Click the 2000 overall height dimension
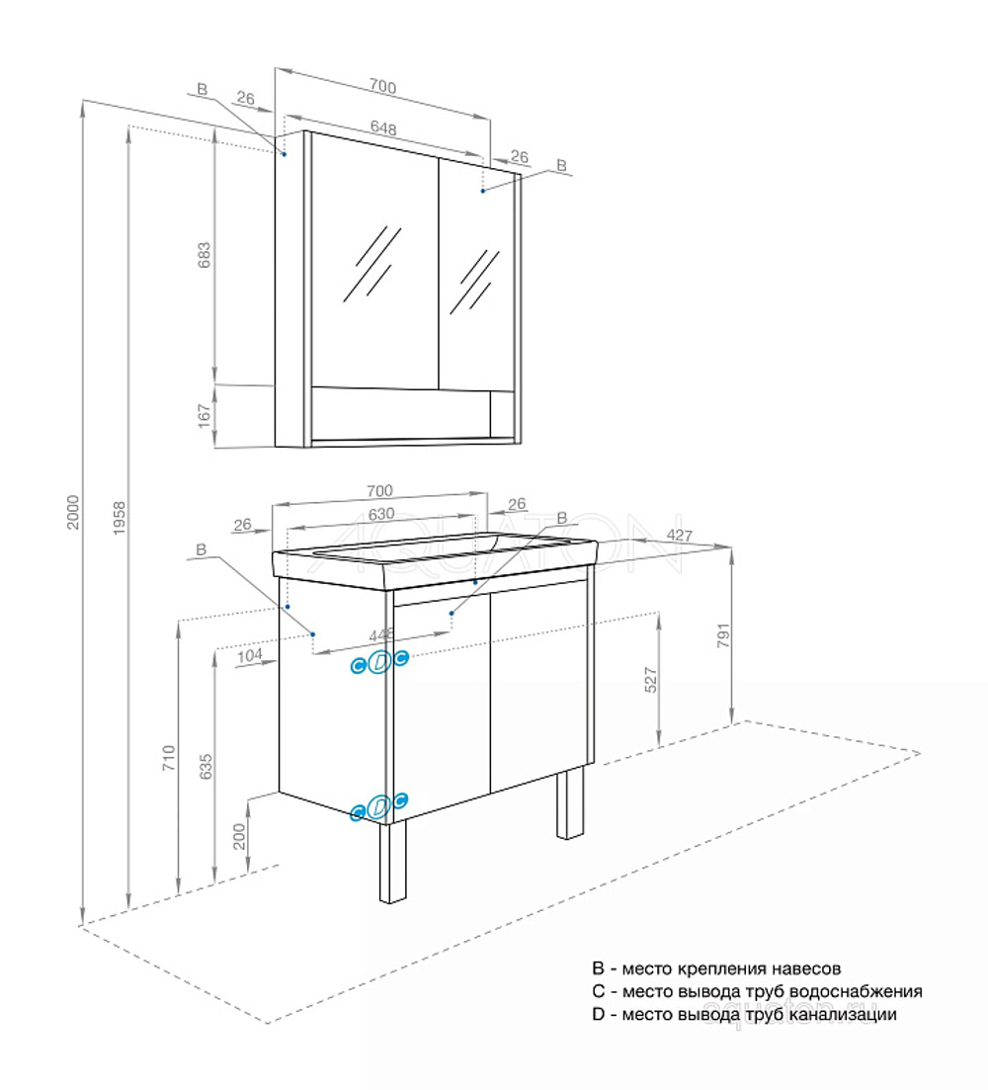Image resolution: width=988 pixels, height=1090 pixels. click(x=73, y=510)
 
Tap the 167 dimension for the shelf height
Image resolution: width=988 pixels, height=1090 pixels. click(x=205, y=415)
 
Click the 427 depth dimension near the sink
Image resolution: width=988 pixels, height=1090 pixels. click(x=679, y=537)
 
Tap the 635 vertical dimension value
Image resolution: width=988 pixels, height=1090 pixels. click(x=205, y=767)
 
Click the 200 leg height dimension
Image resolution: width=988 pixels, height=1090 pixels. click(x=241, y=836)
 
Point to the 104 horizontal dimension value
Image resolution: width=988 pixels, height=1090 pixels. click(x=250, y=655)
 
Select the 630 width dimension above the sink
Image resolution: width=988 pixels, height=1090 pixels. click(x=381, y=513)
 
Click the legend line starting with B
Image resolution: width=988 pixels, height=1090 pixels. click(x=716, y=969)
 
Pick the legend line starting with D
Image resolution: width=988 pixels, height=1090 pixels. click(x=744, y=1014)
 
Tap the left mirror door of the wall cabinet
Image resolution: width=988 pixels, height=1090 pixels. click(x=374, y=262)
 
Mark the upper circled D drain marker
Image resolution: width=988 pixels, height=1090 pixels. click(x=379, y=664)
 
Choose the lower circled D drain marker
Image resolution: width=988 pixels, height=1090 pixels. click(x=379, y=807)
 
